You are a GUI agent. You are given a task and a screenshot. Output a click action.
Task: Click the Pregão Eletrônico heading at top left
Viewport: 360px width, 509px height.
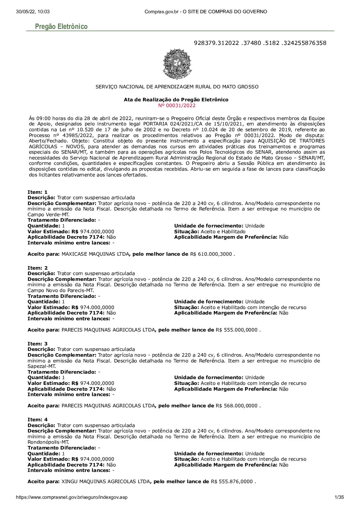pos(61,27)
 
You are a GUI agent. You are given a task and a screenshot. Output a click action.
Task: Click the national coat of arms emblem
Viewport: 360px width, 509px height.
pos(177,64)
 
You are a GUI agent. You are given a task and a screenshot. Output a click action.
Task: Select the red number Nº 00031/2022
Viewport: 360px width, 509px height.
pos(177,105)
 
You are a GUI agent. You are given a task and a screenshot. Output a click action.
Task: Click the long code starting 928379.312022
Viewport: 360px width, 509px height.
pos(260,43)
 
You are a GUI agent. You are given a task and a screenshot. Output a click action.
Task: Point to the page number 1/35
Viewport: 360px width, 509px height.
pos(339,497)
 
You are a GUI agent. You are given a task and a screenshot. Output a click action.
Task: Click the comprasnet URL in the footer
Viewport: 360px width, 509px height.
pos(71,497)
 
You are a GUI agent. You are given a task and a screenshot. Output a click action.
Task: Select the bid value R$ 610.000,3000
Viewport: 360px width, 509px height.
pos(211,254)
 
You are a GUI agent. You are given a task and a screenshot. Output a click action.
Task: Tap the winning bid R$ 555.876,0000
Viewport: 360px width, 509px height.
pos(232,481)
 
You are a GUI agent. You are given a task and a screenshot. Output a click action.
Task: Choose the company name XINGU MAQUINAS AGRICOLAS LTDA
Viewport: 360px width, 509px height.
pos(105,481)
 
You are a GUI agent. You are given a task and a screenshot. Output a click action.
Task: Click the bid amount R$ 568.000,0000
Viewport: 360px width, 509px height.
pos(236,406)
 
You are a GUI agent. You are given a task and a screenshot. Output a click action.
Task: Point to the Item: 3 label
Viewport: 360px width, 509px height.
pos(37,344)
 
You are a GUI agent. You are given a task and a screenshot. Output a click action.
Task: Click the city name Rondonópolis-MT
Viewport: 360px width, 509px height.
pos(48,442)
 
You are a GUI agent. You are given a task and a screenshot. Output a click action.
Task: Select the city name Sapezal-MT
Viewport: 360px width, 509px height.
pos(42,366)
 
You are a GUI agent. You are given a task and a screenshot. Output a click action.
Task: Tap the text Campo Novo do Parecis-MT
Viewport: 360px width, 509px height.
pos(61,290)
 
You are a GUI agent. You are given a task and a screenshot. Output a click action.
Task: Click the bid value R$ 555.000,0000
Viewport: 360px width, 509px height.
pos(236,330)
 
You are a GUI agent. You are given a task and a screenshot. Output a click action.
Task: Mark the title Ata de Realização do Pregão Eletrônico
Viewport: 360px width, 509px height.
pos(176,100)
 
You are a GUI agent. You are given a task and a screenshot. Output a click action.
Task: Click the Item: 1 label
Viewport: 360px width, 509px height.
pos(37,192)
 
